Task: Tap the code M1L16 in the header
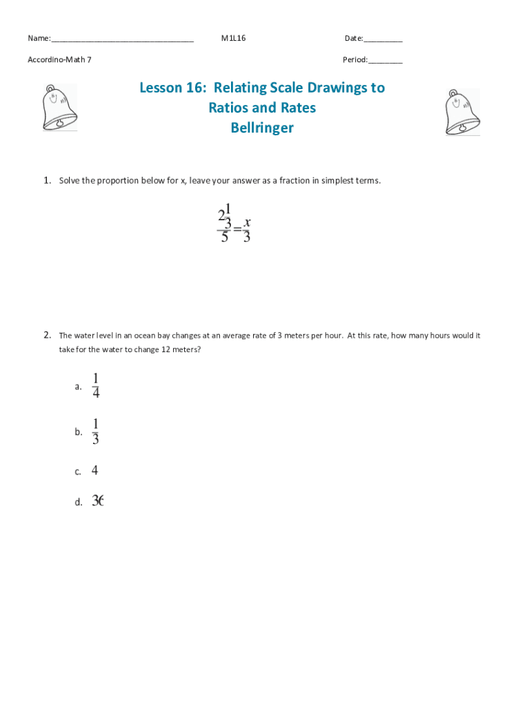233,38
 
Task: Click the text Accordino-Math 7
59,59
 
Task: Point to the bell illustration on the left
59,108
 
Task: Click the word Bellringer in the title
262,128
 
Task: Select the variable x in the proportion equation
247,222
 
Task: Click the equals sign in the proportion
237,229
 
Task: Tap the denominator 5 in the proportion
224,238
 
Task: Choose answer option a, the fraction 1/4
96,386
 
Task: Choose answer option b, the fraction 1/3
96,432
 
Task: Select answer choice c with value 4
94,471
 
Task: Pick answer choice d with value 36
97,502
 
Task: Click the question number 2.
47,336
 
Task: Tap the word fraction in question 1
298,181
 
